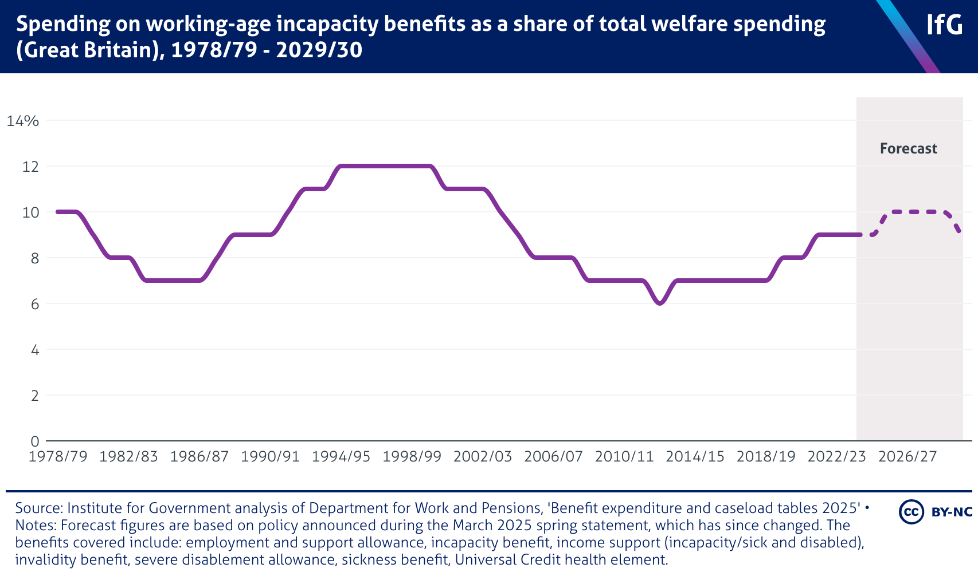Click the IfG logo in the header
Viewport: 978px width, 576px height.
tap(944, 25)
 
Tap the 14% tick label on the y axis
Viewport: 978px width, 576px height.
tap(23, 121)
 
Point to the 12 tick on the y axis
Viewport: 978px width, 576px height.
tap(30, 167)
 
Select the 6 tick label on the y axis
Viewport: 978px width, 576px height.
tap(35, 304)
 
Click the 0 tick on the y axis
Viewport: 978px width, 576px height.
tap(35, 441)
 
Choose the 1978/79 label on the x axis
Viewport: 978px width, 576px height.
tap(58, 457)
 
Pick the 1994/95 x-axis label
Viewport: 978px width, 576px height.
tap(341, 457)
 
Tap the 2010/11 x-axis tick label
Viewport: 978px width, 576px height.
tap(624, 457)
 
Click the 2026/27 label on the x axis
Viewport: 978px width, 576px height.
tap(907, 457)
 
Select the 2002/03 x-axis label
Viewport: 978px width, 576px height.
tap(483, 457)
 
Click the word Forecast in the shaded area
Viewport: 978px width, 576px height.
tap(909, 149)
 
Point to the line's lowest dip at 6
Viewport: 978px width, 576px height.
tap(660, 303)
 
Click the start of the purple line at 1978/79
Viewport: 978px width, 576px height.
tap(58, 212)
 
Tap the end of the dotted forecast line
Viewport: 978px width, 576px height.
tap(959, 231)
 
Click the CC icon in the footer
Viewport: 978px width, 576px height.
tap(912, 511)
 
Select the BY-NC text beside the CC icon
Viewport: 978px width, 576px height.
tap(952, 512)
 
